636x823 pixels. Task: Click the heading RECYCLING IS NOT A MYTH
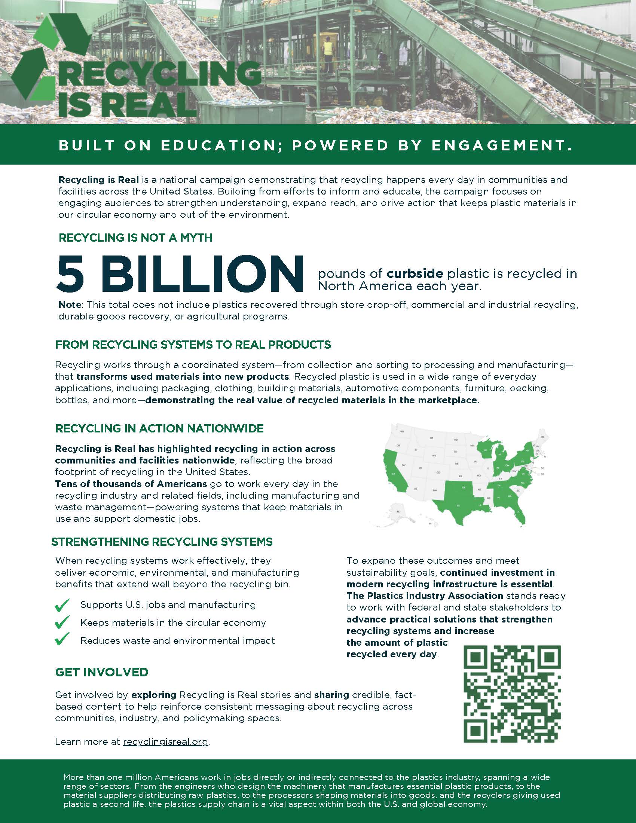(x=136, y=238)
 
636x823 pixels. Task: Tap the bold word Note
(x=69, y=305)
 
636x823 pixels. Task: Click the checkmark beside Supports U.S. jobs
(x=62, y=605)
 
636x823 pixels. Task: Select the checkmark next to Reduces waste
(x=62, y=640)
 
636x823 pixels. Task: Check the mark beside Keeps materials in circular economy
(x=62, y=623)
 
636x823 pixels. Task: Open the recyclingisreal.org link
(x=165, y=741)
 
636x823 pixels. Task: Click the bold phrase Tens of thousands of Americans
(x=131, y=484)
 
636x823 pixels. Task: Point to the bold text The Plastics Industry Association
(x=425, y=596)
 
